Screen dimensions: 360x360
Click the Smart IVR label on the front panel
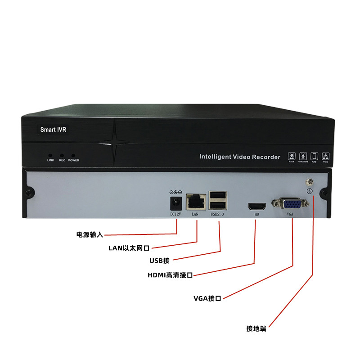click(54, 130)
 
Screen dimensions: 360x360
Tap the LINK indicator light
click(50, 155)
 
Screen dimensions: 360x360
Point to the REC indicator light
click(62, 155)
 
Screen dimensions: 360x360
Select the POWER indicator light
click(73, 155)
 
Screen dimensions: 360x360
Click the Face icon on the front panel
click(291, 156)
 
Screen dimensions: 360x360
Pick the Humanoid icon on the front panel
click(303, 156)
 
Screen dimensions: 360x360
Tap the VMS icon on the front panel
click(326, 156)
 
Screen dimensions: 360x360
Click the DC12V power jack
click(175, 202)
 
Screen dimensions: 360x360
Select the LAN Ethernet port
click(195, 201)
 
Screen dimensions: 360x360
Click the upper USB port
click(217, 195)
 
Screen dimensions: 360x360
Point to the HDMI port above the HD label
click(256, 207)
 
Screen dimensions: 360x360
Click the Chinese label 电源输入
click(90, 234)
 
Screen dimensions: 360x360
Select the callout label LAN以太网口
click(129, 247)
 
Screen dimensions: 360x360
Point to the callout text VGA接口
click(207, 298)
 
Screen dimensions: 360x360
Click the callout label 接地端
click(256, 328)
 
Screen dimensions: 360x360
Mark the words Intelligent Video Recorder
click(240, 157)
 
